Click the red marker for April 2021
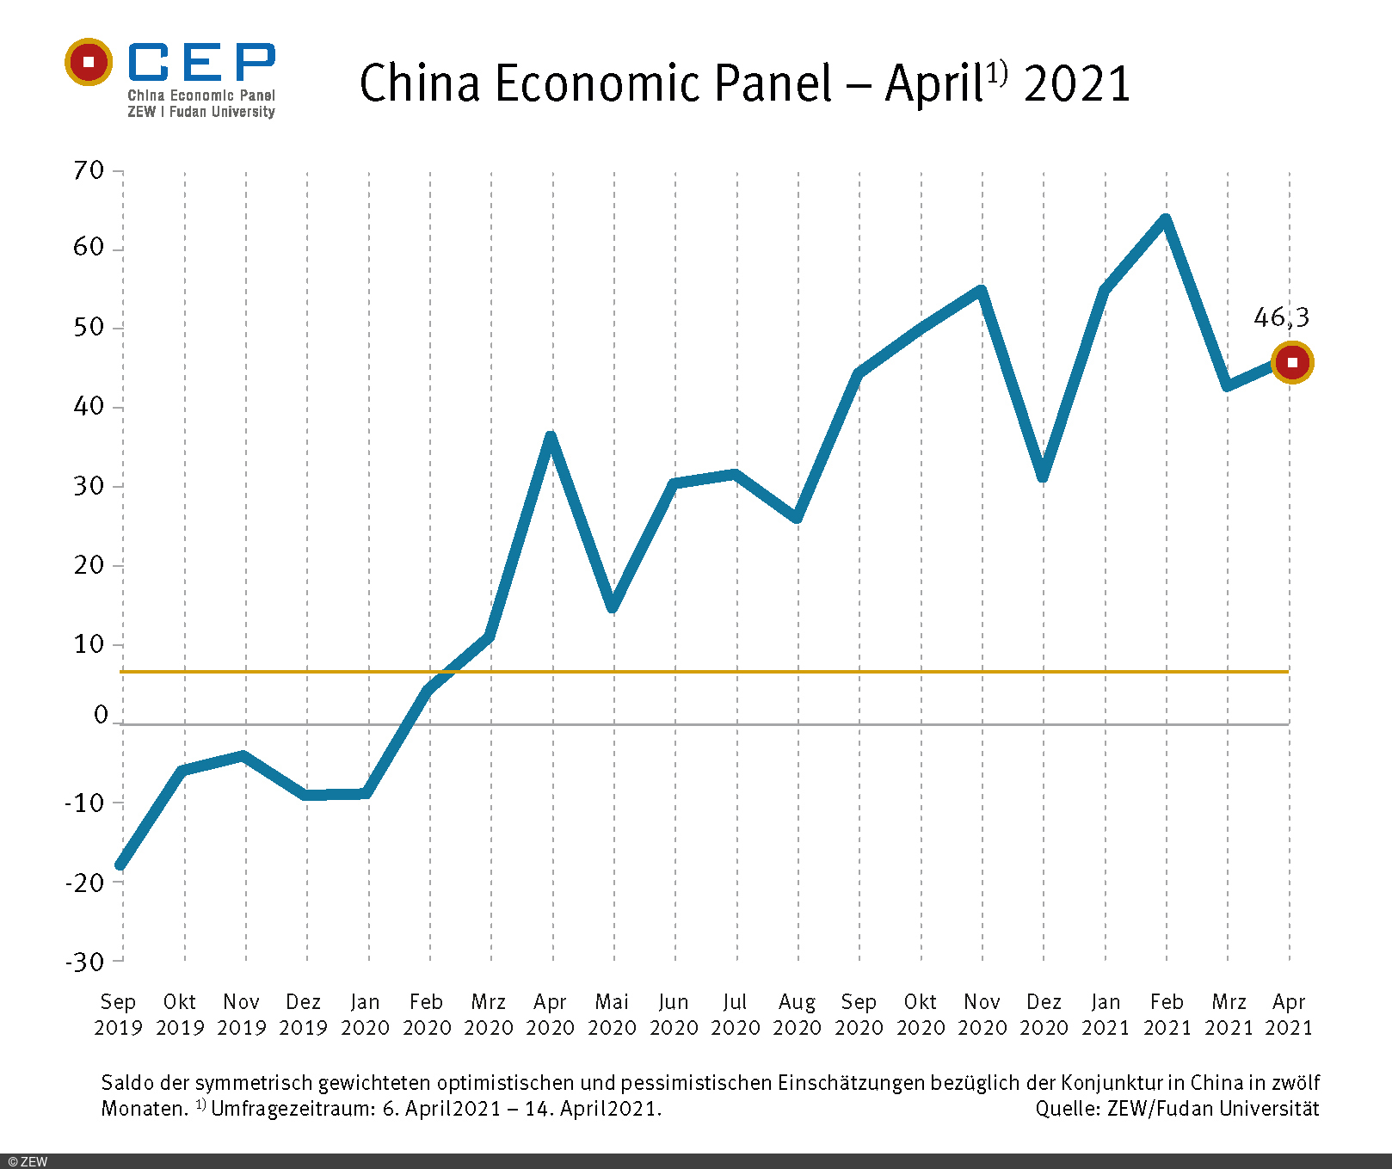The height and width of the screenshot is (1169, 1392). (1291, 362)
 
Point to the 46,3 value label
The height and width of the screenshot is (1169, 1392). (1281, 317)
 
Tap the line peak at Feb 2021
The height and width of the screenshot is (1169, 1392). (1166, 219)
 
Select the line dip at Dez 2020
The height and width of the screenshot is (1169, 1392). (1043, 477)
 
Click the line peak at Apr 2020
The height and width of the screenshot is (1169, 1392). (551, 436)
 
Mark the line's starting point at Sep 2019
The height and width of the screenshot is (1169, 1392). (120, 865)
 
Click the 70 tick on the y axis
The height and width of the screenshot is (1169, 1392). (89, 170)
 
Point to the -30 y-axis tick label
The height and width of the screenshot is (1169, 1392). (84, 962)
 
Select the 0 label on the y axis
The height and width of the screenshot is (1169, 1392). (101, 715)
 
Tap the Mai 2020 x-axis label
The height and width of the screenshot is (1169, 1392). (612, 1014)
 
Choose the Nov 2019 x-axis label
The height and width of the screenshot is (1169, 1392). (242, 1014)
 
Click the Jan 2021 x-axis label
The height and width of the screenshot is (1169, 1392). (1105, 1014)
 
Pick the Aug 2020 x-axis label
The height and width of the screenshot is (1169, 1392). (797, 1014)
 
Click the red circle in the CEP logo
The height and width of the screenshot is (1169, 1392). (89, 62)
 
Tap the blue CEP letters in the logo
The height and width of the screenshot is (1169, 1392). (201, 62)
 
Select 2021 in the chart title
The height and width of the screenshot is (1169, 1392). (1076, 83)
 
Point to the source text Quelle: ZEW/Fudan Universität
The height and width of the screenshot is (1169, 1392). (1177, 1109)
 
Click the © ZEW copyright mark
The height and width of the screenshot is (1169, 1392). (28, 1161)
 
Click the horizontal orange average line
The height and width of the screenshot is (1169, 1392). (774, 671)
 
